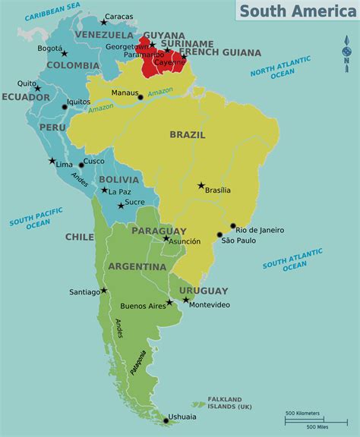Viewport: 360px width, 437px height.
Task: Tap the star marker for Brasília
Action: pos(201,185)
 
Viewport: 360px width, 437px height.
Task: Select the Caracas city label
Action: pos(118,17)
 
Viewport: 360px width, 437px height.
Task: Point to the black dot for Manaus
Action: pos(141,97)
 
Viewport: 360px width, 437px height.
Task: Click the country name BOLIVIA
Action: pos(118,180)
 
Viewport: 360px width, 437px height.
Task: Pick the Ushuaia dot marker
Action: pos(166,420)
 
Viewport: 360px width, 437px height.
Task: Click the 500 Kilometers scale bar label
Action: pos(302,413)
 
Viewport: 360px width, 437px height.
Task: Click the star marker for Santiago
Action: pos(104,290)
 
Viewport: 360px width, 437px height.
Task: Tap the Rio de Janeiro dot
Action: pos(232,225)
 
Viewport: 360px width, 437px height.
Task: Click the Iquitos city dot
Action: pos(65,107)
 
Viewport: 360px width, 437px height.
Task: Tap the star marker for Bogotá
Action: pos(65,53)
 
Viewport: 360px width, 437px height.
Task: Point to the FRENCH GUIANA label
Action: pos(231,53)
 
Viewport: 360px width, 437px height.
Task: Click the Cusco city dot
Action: pos(81,165)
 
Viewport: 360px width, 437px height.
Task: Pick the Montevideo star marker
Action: pos(185,300)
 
